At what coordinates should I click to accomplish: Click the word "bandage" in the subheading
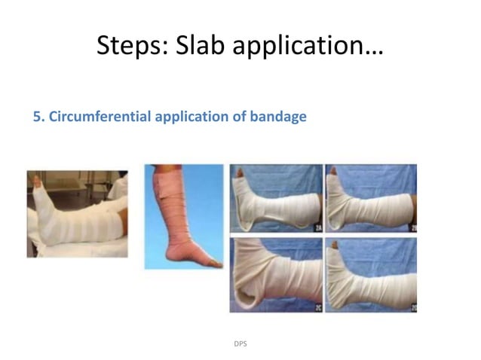point(280,117)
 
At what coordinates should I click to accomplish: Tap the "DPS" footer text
point(240,343)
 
